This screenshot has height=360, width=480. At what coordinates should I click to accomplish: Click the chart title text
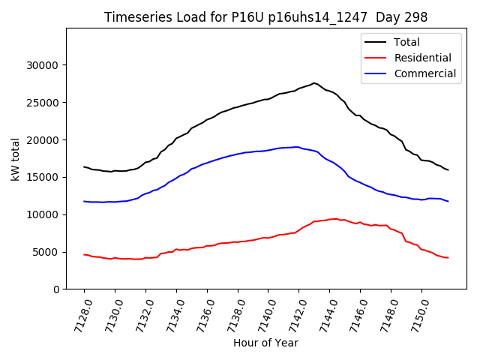click(x=265, y=17)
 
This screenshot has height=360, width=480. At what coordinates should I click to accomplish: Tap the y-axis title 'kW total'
click(x=15, y=158)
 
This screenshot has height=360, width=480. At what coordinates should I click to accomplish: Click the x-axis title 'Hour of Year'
click(x=265, y=343)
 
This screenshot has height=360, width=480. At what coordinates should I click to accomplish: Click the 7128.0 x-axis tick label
click(x=79, y=315)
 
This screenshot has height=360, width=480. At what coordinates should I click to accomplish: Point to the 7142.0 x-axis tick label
click(x=294, y=315)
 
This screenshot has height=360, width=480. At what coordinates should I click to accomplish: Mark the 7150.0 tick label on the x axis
click(x=417, y=315)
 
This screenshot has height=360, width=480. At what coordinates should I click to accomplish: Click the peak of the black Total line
click(x=314, y=83)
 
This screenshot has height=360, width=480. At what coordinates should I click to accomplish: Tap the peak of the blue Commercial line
click(x=297, y=147)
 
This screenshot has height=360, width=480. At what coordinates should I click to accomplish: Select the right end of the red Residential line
click(x=448, y=258)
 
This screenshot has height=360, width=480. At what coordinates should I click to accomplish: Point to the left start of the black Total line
click(x=84, y=166)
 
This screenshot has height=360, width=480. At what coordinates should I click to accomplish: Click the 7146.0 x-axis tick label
click(x=355, y=315)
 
